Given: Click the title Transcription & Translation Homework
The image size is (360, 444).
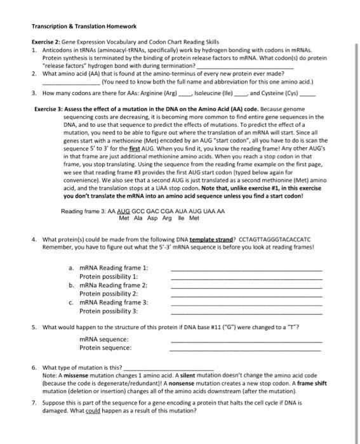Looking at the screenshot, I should pos(84,26).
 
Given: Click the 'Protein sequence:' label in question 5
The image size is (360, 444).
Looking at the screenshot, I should pos(105,348).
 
